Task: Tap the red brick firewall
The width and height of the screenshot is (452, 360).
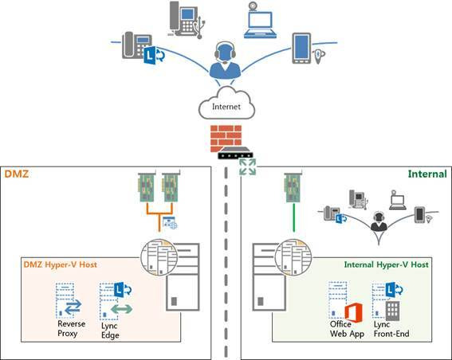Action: [226, 139]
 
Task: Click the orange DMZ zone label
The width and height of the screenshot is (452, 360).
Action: [17, 174]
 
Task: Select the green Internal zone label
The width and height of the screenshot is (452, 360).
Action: [427, 174]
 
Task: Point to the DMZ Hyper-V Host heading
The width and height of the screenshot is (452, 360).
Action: [61, 264]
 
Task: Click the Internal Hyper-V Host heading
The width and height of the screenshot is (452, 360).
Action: [387, 264]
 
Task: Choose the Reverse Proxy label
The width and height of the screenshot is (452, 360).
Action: [71, 329]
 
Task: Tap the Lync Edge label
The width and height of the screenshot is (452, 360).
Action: [110, 331]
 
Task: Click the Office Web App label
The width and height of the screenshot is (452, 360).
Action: [347, 329]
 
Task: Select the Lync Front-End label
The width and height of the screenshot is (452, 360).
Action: [391, 329]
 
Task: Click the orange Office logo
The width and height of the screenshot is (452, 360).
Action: [354, 313]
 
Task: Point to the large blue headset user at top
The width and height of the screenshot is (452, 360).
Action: [225, 61]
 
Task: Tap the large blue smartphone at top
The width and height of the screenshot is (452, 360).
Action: [301, 48]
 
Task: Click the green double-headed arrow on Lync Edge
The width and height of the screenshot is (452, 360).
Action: [122, 309]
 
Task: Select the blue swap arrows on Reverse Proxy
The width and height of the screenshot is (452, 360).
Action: [73, 307]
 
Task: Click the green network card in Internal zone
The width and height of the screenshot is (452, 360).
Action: [293, 187]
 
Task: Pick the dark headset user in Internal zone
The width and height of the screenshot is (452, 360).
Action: [379, 221]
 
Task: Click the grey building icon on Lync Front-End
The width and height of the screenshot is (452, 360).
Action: [393, 311]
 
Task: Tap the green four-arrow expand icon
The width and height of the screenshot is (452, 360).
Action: [248, 166]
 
